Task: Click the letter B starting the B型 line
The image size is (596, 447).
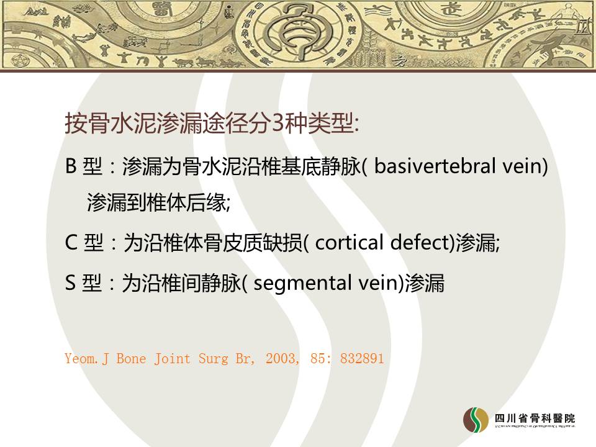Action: tap(71, 166)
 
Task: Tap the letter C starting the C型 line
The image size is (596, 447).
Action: tap(71, 243)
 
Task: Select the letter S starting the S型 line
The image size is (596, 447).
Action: tap(70, 283)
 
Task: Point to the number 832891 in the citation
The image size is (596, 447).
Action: tap(362, 358)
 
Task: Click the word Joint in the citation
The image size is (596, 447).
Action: tap(172, 358)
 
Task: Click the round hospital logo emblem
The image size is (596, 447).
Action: tap(476, 420)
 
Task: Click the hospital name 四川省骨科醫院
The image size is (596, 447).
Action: tap(535, 418)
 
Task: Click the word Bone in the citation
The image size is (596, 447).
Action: tap(131, 358)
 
